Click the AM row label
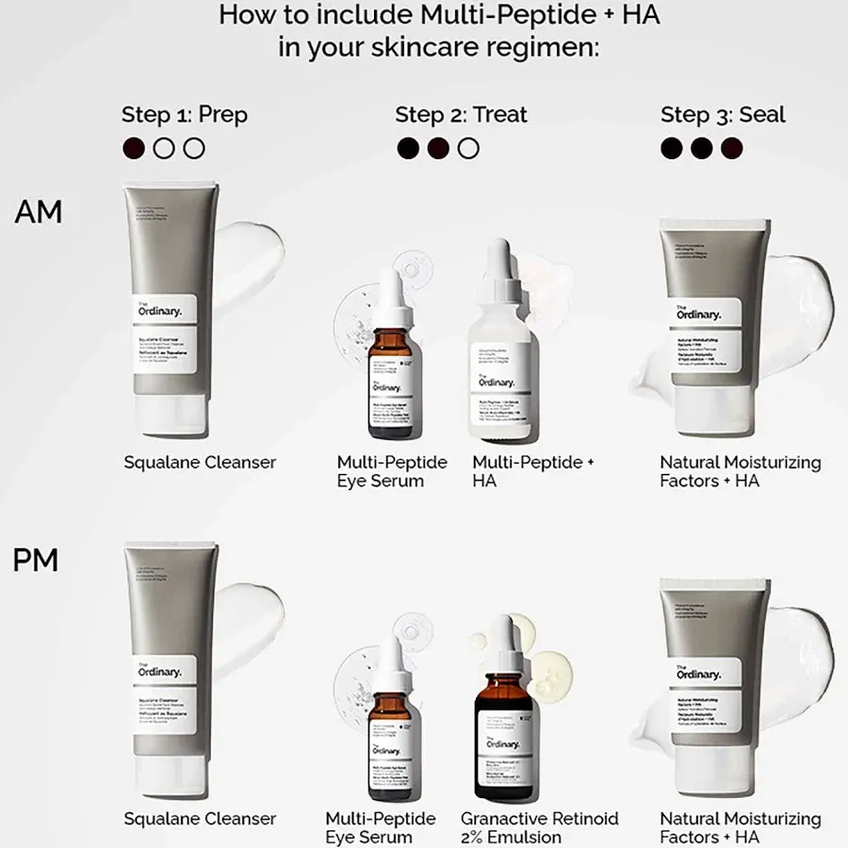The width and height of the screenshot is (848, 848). (x=39, y=211)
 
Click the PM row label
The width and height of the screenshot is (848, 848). (x=36, y=560)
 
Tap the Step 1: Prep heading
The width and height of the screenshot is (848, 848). (x=185, y=115)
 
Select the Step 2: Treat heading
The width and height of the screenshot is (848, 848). (x=461, y=115)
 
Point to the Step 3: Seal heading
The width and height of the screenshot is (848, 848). (x=723, y=115)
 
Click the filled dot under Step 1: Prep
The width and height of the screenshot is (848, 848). (x=135, y=148)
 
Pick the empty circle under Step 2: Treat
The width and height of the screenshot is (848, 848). (x=467, y=148)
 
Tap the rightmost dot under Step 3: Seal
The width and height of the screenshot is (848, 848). (x=731, y=148)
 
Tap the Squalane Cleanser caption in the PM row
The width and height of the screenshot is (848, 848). (x=200, y=819)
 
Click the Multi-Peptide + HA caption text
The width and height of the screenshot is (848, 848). (x=533, y=471)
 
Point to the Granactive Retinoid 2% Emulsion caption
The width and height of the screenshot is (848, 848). (x=539, y=827)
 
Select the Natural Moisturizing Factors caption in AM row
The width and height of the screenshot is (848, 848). (x=740, y=471)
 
